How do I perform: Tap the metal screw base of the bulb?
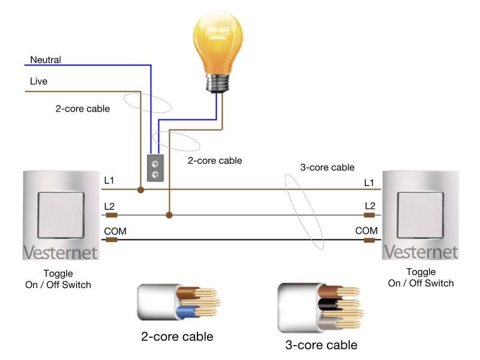220,83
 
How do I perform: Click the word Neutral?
46,60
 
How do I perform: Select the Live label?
38,81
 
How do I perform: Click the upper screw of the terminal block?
155,163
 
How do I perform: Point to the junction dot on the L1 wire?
140,190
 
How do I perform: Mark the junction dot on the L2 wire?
170,214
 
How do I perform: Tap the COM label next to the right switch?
366,231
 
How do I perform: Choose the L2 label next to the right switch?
370,206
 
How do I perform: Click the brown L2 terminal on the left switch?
111,215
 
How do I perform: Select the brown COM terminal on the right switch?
370,240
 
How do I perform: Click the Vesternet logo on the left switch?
60,252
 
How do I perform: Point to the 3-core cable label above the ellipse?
327,167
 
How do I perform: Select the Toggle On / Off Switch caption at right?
421,278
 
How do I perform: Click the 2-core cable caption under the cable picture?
176,337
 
